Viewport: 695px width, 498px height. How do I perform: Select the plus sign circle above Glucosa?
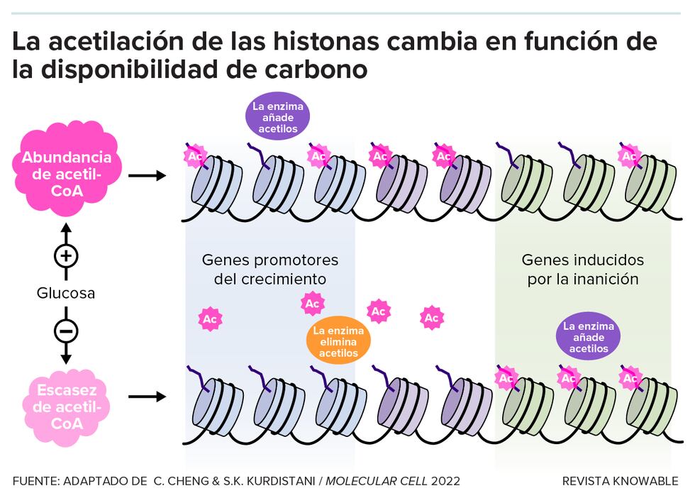[67, 255]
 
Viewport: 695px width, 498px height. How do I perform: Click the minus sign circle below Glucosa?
[67, 331]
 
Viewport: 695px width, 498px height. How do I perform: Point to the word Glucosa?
[66, 293]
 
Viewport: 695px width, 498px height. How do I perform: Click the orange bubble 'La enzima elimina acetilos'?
[338, 342]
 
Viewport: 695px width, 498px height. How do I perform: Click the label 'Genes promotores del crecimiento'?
[270, 269]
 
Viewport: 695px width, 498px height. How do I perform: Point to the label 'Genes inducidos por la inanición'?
[583, 269]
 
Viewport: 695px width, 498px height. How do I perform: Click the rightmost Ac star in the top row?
[629, 155]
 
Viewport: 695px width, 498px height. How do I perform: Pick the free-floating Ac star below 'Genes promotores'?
[210, 319]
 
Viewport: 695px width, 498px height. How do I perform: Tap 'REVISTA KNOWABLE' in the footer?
[620, 481]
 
